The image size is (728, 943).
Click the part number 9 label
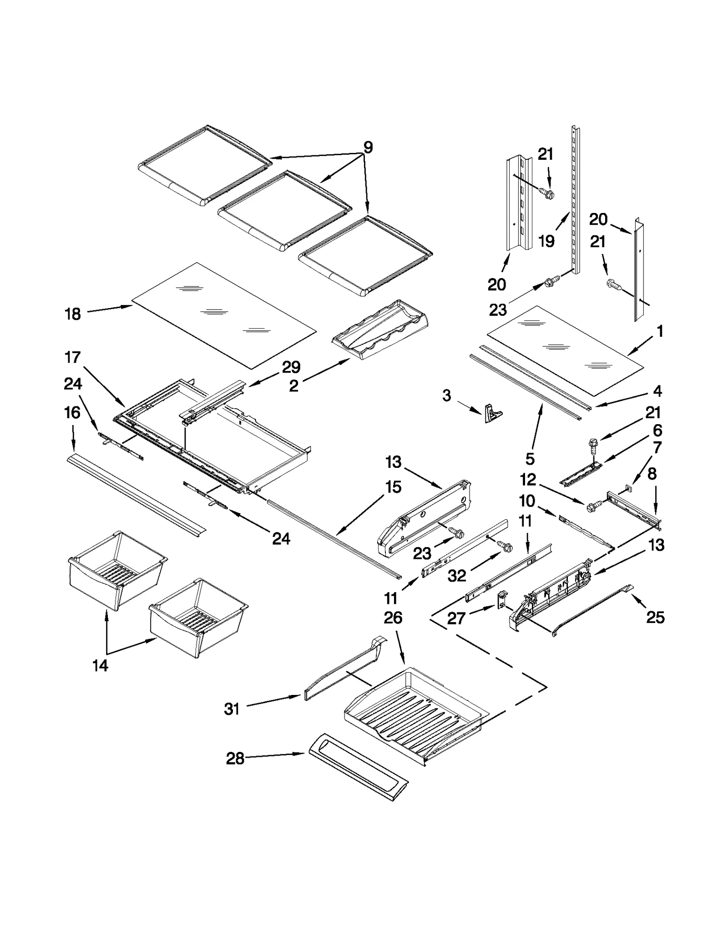(x=368, y=147)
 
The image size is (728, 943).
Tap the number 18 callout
(x=73, y=314)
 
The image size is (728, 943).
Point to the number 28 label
(x=235, y=758)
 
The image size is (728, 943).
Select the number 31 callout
(x=232, y=709)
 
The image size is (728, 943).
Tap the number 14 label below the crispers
(x=100, y=665)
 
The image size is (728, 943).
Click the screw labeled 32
(x=505, y=545)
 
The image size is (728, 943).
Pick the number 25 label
(x=655, y=617)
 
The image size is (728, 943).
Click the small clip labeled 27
(x=502, y=598)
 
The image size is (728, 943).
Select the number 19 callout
(x=546, y=241)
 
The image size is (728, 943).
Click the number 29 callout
(x=291, y=367)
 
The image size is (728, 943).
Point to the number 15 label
(x=393, y=487)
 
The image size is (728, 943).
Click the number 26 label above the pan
(x=393, y=618)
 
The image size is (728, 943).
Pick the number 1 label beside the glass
(x=660, y=331)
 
